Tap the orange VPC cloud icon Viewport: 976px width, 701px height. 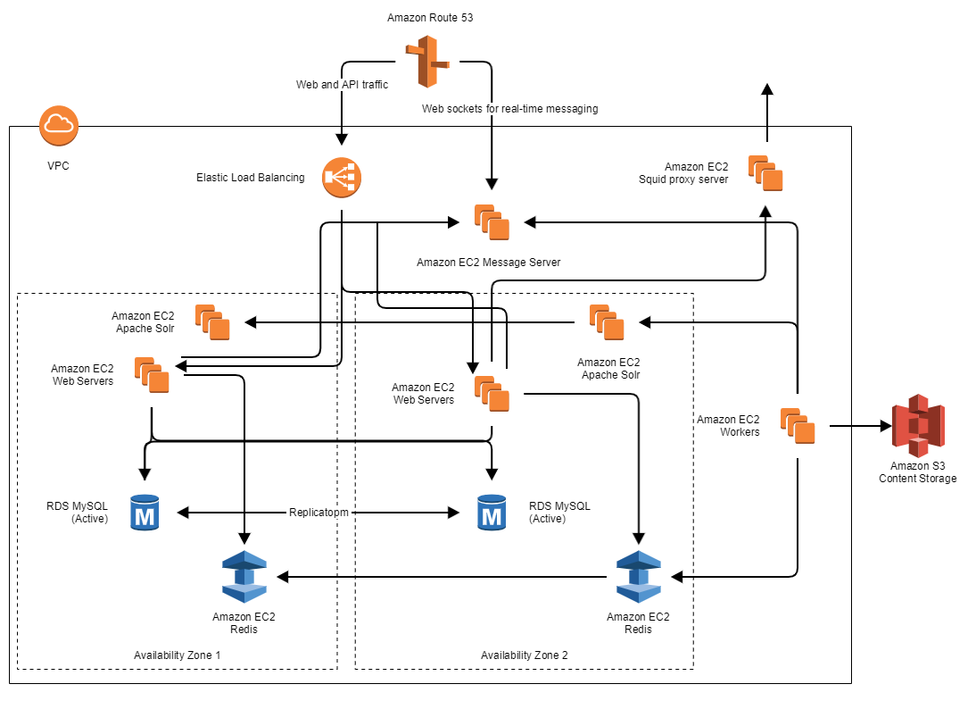tap(59, 126)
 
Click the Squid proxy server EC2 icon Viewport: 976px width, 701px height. tap(765, 173)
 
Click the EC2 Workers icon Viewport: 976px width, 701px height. tap(798, 426)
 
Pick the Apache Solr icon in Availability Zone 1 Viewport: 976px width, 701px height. tap(213, 322)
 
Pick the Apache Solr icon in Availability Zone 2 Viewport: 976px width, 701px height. tap(607, 322)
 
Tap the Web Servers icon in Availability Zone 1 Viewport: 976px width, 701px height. tap(152, 375)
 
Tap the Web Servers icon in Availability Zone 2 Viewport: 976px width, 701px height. tap(492, 394)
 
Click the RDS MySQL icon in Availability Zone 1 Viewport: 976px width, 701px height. tap(144, 513)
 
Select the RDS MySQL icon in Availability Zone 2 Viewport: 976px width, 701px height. tap(491, 513)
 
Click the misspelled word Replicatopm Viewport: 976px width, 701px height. tap(318, 513)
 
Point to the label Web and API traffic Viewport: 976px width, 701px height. tap(343, 85)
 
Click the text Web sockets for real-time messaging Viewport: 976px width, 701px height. tap(509, 109)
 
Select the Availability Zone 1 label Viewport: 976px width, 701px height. tap(177, 655)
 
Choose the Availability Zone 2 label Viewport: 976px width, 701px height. tap(524, 655)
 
